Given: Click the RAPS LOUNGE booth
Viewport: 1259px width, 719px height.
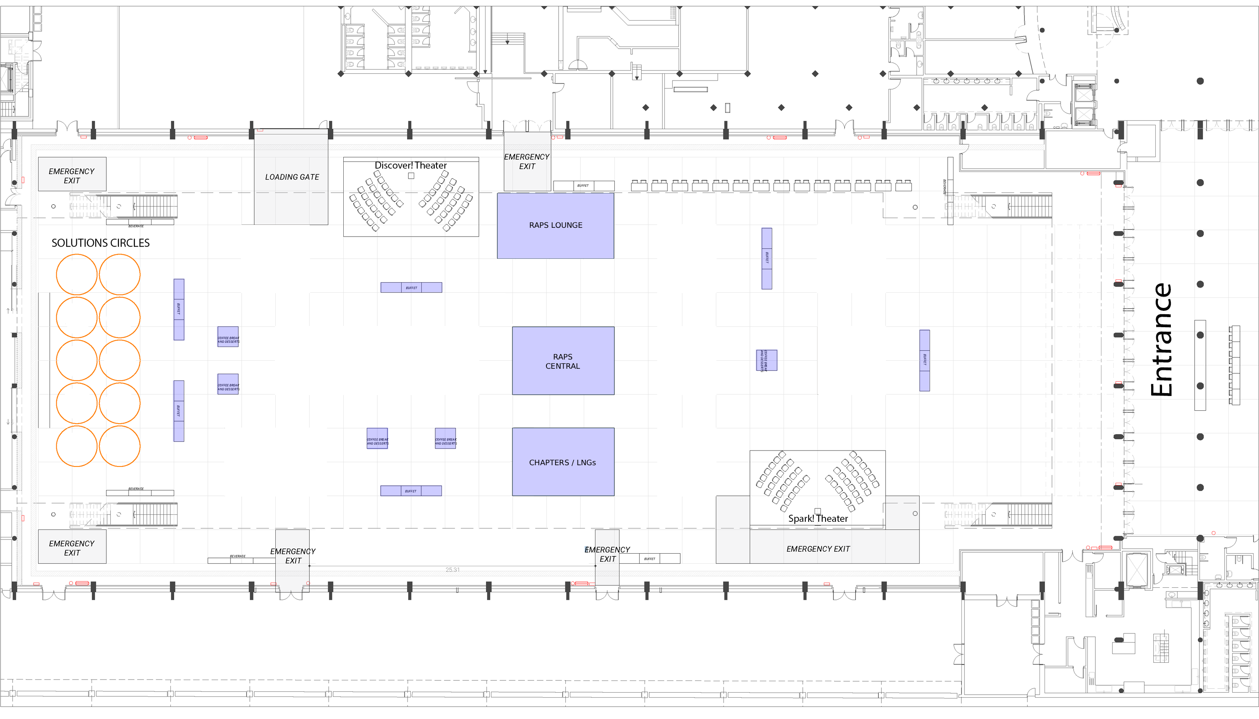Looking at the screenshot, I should click(x=555, y=226).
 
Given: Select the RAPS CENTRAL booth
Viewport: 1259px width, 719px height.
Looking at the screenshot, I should click(x=563, y=361).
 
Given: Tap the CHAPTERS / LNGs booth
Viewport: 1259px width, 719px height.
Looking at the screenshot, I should click(x=563, y=462).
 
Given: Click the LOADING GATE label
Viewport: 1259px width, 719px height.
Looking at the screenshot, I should click(x=292, y=177).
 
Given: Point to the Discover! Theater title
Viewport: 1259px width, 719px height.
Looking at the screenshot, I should click(x=410, y=165).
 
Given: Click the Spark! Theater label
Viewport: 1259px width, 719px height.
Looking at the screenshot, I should click(x=818, y=518).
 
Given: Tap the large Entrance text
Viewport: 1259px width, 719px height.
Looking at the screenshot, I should click(x=1161, y=340).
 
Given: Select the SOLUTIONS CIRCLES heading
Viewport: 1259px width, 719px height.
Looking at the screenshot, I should click(x=100, y=243).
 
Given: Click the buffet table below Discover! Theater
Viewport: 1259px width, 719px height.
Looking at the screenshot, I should click(x=411, y=287).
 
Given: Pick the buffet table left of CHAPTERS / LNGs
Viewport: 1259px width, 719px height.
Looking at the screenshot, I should click(x=410, y=491).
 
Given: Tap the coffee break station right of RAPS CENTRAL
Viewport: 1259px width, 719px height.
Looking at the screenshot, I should click(x=767, y=360).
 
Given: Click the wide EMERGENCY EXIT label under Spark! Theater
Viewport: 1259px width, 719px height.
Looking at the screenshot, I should click(x=818, y=549).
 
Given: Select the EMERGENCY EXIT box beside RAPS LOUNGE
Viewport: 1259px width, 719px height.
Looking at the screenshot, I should click(x=527, y=162).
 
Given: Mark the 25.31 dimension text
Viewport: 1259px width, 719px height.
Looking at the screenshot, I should click(x=452, y=570).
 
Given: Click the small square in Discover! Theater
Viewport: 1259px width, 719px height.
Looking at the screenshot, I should click(x=411, y=176).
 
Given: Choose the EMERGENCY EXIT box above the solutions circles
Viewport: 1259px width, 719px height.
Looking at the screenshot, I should click(x=72, y=176).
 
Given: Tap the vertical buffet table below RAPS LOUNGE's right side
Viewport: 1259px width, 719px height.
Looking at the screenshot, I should click(x=767, y=258).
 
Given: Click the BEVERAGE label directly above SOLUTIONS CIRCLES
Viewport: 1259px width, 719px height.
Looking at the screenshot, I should click(x=136, y=226).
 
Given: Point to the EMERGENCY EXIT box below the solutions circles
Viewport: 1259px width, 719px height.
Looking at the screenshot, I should click(x=72, y=548).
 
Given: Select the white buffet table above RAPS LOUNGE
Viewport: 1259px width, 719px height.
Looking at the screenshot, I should click(x=583, y=186).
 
